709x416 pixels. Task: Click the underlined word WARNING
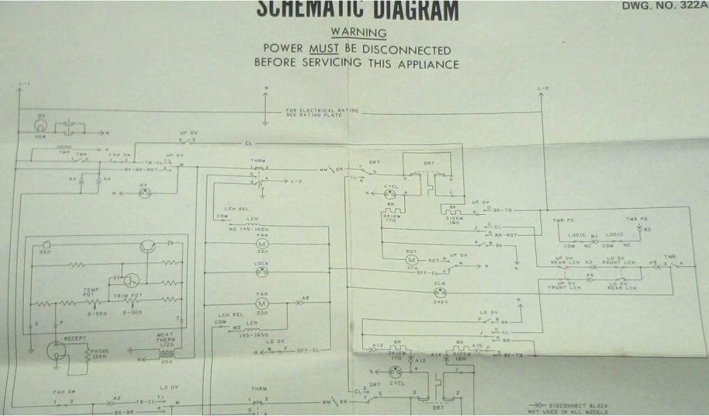point(358,32)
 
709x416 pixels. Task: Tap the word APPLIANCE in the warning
point(428,64)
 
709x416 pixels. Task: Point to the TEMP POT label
point(92,291)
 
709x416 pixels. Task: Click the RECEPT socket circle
point(55,350)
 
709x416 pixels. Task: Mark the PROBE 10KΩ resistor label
point(98,353)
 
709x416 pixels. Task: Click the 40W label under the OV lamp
point(42,135)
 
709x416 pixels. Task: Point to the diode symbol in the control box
point(169,243)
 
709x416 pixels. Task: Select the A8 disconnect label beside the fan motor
point(307,299)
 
